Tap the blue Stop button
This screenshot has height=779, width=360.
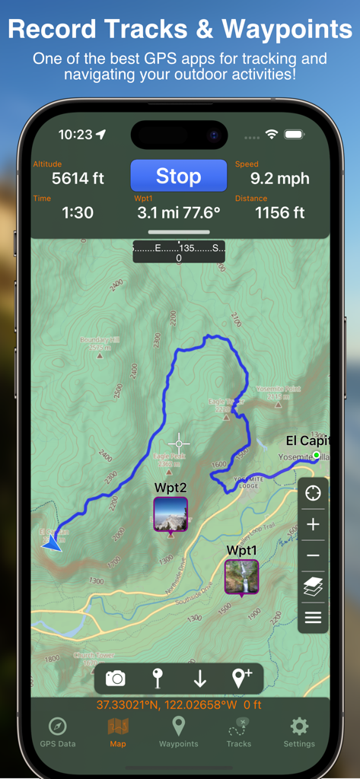pos(178,176)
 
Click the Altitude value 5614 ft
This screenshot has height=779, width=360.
pos(78,179)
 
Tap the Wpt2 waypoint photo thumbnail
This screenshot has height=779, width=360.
pos(170,514)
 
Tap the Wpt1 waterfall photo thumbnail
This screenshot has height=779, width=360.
pos(241,576)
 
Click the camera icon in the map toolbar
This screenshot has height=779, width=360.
pos(116,678)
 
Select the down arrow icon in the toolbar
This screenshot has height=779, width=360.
pos(199,678)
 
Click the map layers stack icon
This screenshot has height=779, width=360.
pos(313,587)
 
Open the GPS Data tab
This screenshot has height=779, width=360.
pos(58,731)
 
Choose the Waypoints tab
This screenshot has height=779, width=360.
pos(178,731)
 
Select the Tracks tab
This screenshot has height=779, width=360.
pos(239,731)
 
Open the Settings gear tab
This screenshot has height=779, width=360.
pos(299,731)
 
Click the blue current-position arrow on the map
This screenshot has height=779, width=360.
pos(52,543)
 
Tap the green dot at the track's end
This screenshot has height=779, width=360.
pos(317,456)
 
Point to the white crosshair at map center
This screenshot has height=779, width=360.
pos(180,442)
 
